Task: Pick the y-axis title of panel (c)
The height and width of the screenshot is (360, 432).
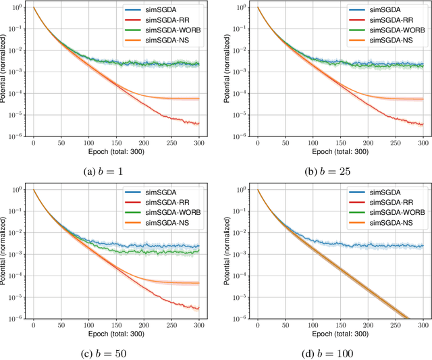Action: (5, 253)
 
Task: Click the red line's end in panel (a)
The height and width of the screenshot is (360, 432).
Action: (198, 124)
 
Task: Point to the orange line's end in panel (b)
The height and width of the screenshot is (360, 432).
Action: (423, 99)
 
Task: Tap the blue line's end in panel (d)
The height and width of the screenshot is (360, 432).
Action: (423, 246)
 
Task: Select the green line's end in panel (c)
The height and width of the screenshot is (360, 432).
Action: (198, 251)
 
